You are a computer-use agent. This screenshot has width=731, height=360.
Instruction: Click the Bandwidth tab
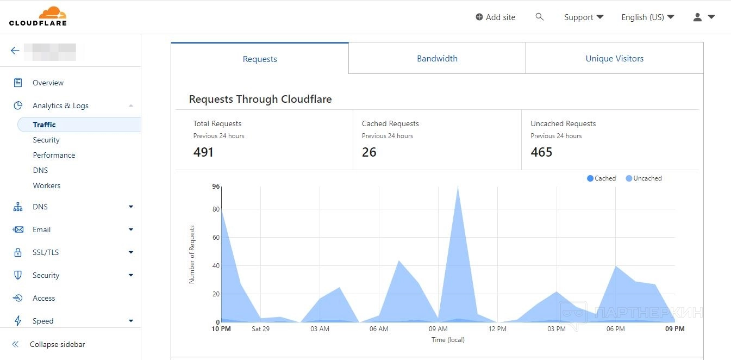(x=437, y=58)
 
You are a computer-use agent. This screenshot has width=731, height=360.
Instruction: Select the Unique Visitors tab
(x=614, y=58)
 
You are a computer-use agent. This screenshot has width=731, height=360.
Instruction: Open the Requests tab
(x=260, y=59)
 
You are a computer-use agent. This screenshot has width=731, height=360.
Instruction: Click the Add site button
(x=495, y=17)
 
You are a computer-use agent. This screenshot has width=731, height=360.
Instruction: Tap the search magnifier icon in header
(x=540, y=17)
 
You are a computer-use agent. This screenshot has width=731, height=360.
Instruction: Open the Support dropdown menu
(x=584, y=17)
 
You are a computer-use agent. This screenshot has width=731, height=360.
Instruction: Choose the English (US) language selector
(x=647, y=17)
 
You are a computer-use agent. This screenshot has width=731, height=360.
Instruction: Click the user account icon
(x=698, y=17)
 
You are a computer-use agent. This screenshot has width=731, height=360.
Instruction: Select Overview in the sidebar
(x=48, y=83)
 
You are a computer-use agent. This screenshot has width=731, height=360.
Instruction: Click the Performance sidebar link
(x=54, y=155)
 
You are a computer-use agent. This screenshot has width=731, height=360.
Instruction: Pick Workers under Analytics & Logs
(x=47, y=185)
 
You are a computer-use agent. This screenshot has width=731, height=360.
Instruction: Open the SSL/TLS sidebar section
(x=46, y=252)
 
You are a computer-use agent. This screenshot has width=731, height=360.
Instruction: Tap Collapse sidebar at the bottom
(x=57, y=344)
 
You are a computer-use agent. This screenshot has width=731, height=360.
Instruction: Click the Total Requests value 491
(x=203, y=152)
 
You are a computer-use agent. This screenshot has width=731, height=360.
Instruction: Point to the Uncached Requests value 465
(x=541, y=152)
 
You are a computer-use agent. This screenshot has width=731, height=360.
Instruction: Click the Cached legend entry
(x=602, y=178)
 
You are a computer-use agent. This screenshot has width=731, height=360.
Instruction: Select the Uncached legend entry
(x=644, y=178)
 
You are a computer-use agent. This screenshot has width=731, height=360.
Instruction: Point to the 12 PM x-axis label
(x=497, y=329)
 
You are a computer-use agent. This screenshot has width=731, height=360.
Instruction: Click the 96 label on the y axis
(x=216, y=187)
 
